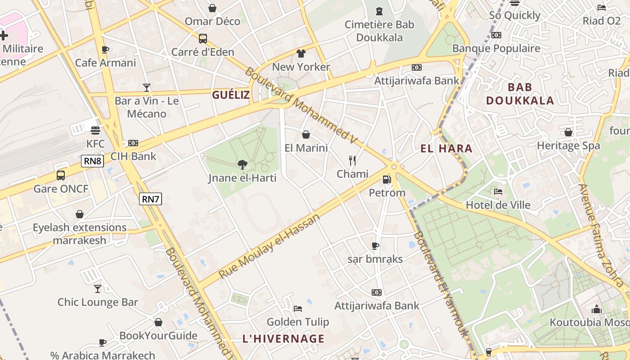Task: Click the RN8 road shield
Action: tap(92, 161)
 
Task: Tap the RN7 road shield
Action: tap(150, 198)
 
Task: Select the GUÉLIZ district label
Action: tap(231, 94)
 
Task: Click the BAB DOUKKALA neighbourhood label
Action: tap(520, 94)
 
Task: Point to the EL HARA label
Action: tap(446, 148)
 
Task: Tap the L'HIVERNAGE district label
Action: tap(283, 338)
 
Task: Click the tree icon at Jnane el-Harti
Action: tap(242, 165)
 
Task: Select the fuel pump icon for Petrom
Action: tap(387, 180)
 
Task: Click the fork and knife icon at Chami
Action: tap(352, 160)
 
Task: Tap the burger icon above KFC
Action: tap(95, 130)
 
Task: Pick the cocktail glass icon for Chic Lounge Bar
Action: tap(98, 288)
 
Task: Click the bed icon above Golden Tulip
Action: tap(297, 308)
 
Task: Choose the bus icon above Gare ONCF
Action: tap(61, 175)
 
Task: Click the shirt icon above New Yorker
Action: tap(301, 54)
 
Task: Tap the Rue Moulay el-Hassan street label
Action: tap(269, 246)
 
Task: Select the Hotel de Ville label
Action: tap(498, 205)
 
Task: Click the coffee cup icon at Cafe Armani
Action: tap(105, 49)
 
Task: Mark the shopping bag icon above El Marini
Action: tap(306, 135)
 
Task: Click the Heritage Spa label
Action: tap(568, 145)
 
